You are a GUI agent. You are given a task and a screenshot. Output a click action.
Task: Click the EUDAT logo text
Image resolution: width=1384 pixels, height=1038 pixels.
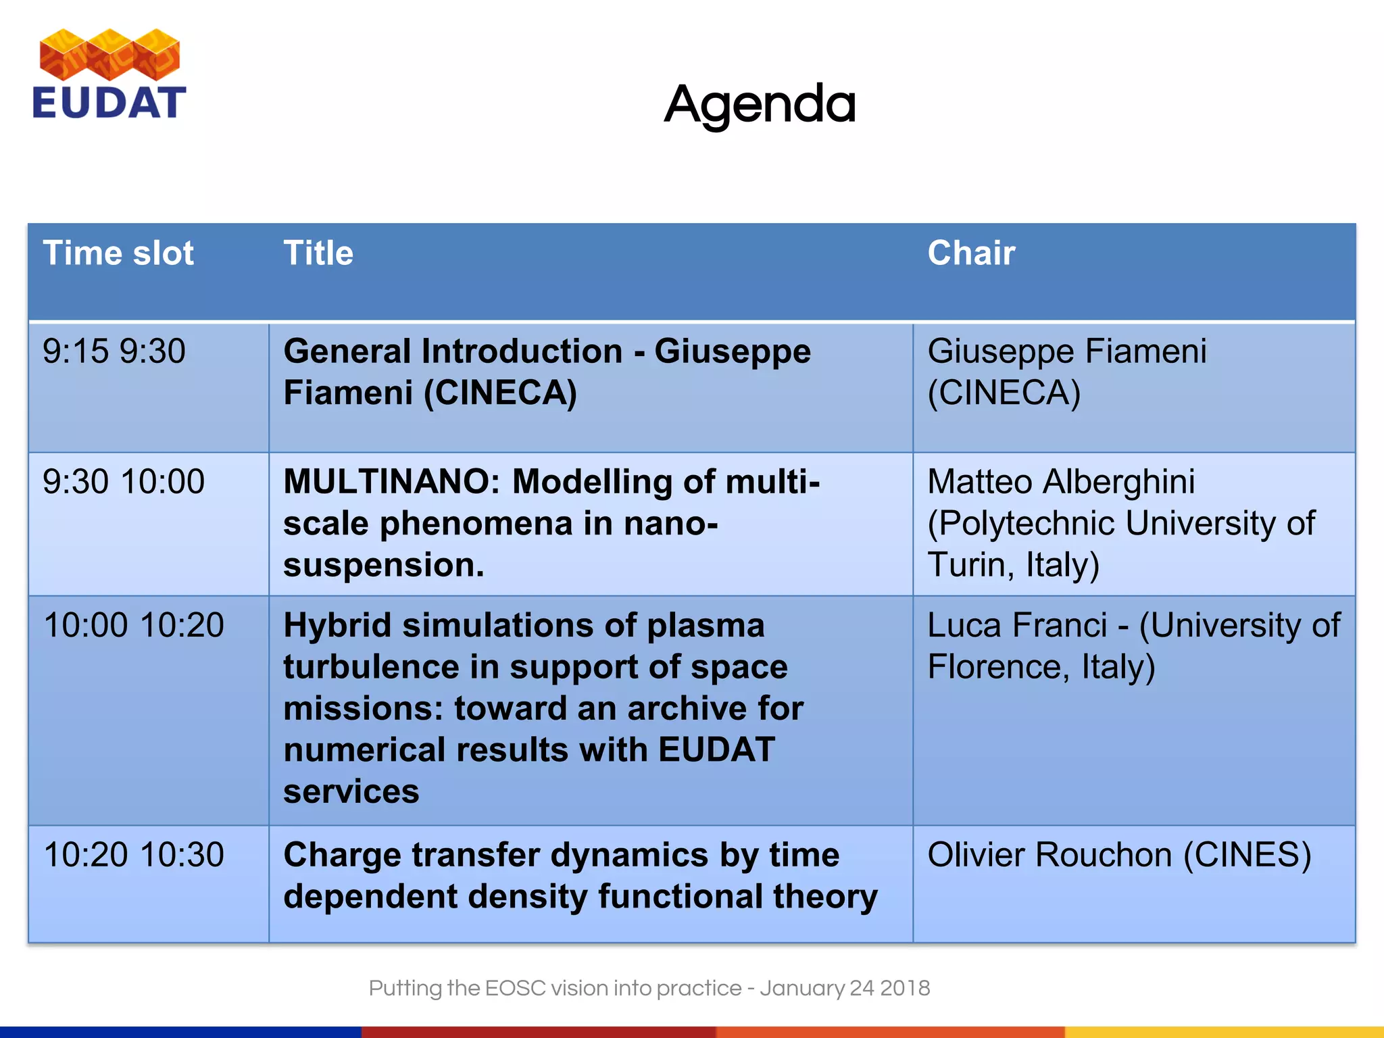pos(109,103)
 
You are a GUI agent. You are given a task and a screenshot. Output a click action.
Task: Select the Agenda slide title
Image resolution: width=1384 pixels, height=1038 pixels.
pos(760,105)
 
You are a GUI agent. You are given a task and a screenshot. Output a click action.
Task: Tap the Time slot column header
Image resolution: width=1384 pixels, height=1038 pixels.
pos(118,253)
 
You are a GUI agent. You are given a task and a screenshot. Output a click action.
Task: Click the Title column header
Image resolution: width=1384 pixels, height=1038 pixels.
pos(318,253)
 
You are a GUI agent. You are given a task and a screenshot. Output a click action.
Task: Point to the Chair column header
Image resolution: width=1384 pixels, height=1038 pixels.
pos(971,253)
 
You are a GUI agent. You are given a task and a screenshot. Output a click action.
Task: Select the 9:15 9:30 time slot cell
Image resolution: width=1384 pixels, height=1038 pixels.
pos(114,351)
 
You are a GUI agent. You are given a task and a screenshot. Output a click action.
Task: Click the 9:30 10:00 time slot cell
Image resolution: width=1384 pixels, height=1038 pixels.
pos(124,482)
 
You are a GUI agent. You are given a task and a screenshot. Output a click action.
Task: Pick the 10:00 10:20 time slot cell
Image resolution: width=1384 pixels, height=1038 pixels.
pos(133,625)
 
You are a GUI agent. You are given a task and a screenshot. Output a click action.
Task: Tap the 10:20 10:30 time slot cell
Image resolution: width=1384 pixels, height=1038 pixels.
pos(133,855)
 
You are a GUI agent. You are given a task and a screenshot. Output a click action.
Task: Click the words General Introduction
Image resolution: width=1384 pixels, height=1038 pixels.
pos(453,351)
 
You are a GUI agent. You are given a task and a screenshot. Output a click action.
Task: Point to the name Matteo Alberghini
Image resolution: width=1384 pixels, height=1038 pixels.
pos(1061,482)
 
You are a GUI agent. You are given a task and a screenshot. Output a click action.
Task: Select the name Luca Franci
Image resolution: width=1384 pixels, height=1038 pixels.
pos(1017,625)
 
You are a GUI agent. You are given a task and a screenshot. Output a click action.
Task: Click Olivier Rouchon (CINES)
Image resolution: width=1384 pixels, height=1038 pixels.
pos(1119,855)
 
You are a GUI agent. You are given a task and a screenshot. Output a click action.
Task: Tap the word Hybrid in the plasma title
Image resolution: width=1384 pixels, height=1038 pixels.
pos(337,626)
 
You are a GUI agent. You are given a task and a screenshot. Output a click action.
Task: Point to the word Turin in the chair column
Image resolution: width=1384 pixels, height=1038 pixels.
pos(970,565)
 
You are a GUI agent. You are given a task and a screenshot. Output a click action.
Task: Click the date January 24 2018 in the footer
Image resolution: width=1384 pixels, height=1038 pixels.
pos(845,988)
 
